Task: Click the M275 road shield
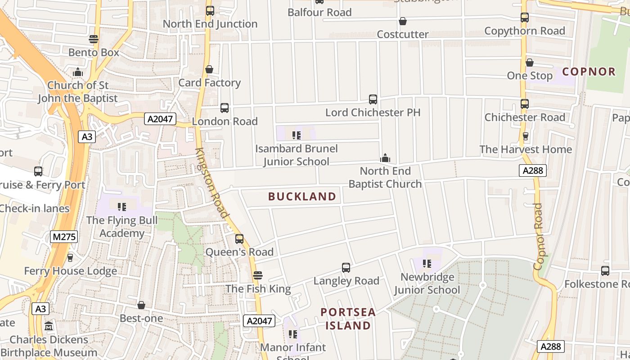click(64, 237)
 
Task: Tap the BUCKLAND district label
click(302, 197)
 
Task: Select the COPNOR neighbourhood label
click(589, 72)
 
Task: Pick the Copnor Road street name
click(539, 236)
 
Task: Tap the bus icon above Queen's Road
click(239, 239)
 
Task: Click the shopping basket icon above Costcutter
click(403, 22)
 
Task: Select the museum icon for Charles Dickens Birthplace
click(49, 326)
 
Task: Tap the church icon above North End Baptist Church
click(385, 158)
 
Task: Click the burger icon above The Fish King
click(258, 275)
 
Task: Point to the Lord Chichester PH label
click(373, 112)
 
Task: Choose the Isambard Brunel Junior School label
click(296, 155)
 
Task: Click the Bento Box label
click(94, 53)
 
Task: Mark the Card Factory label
click(210, 83)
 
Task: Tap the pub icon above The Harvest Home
click(525, 136)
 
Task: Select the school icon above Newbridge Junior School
click(427, 264)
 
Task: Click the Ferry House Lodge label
click(70, 271)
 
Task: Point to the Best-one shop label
click(141, 318)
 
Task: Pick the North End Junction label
click(210, 24)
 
